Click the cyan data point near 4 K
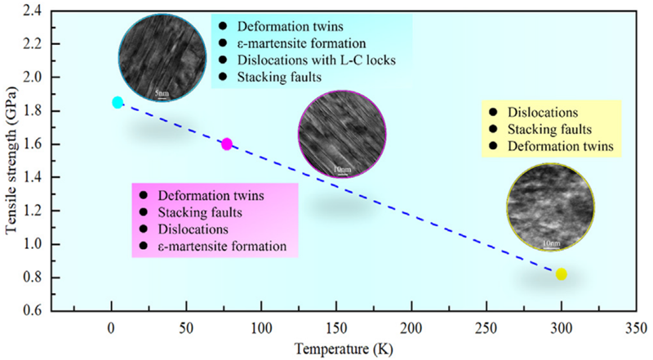point(118,102)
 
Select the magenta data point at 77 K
point(227,144)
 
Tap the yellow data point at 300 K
point(561,274)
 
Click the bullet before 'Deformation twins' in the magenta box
point(144,196)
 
